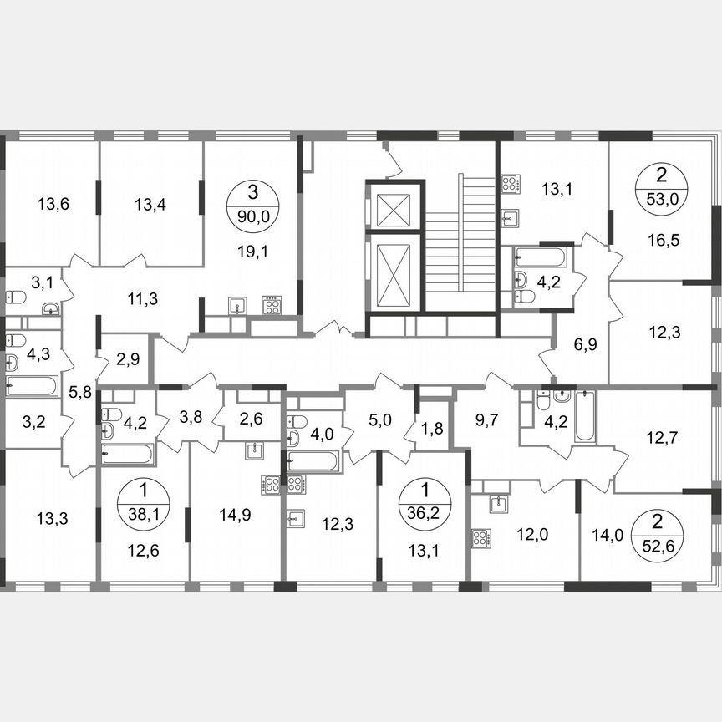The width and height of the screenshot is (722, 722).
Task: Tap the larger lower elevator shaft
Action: coord(393,274)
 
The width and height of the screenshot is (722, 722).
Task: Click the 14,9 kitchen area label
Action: coord(236,516)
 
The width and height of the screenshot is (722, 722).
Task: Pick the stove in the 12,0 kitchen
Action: coord(481,537)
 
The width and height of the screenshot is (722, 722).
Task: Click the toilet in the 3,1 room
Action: coord(16,297)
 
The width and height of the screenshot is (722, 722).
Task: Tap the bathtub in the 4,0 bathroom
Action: coord(313,460)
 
